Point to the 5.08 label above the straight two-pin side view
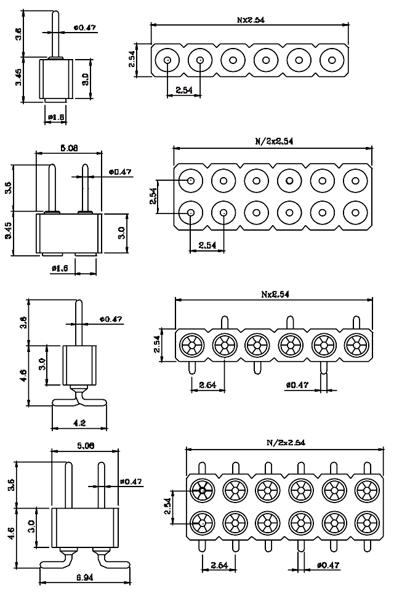pos(69,148)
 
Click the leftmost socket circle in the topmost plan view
pos(167,60)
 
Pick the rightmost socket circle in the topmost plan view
pos(332,60)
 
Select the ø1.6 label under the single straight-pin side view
pos(55,117)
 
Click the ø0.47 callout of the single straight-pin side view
pos(83,28)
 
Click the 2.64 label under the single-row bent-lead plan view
pos(207,386)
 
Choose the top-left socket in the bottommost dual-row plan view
pos(201,490)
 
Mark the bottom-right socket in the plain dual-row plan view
pos(355,213)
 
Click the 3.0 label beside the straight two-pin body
pos(121,233)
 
